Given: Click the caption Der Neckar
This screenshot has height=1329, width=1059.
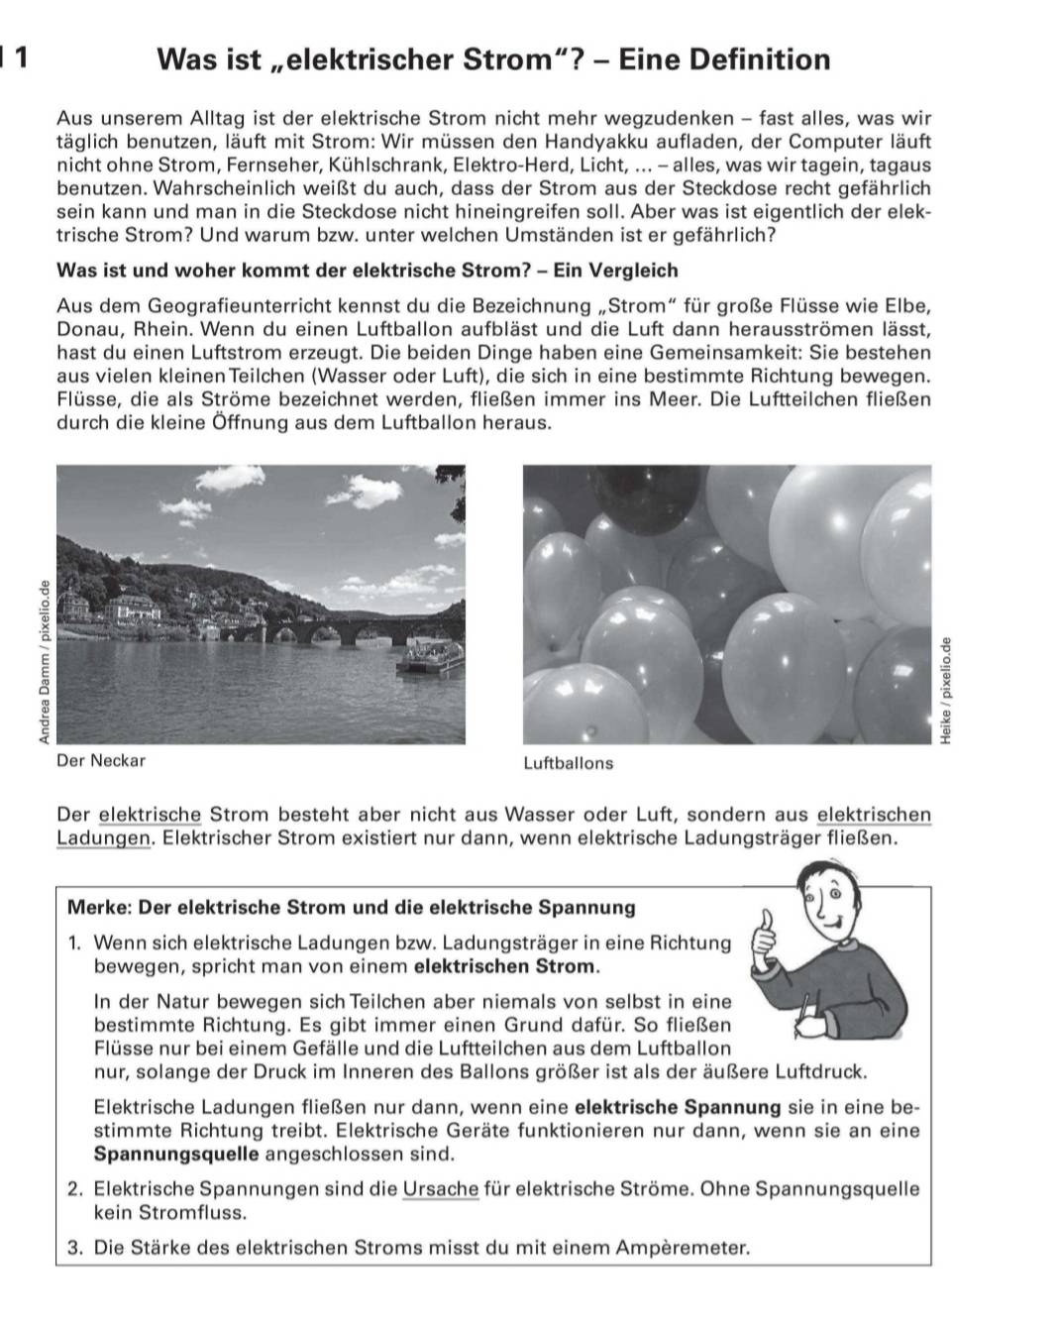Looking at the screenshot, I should pos(101,761).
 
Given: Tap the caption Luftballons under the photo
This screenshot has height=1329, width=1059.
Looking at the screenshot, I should pos(568,764).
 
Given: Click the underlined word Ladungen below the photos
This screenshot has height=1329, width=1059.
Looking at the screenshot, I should pos(102,837).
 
